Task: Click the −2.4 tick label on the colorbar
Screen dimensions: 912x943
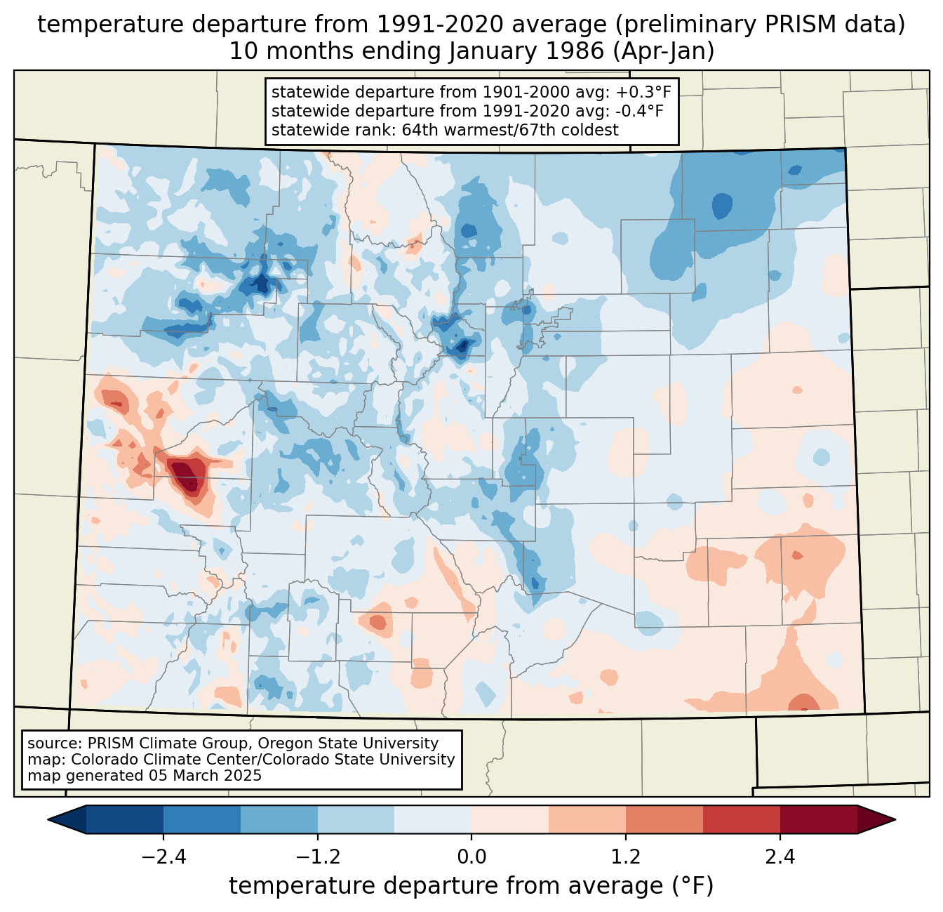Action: tap(163, 857)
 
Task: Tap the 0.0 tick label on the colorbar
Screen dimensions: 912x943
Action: tap(471, 857)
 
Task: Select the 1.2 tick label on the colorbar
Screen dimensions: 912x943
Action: tap(626, 857)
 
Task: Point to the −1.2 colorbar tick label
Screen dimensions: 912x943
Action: tap(317, 857)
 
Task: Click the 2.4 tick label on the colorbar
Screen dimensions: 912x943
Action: tap(780, 857)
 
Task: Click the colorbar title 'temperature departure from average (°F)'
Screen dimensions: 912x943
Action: tap(471, 886)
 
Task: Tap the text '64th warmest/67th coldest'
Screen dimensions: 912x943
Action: tap(510, 130)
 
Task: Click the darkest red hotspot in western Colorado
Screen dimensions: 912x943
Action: tap(186, 474)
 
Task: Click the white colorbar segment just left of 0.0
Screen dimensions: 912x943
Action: tap(433, 819)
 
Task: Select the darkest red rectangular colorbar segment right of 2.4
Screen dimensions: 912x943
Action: tap(818, 819)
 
